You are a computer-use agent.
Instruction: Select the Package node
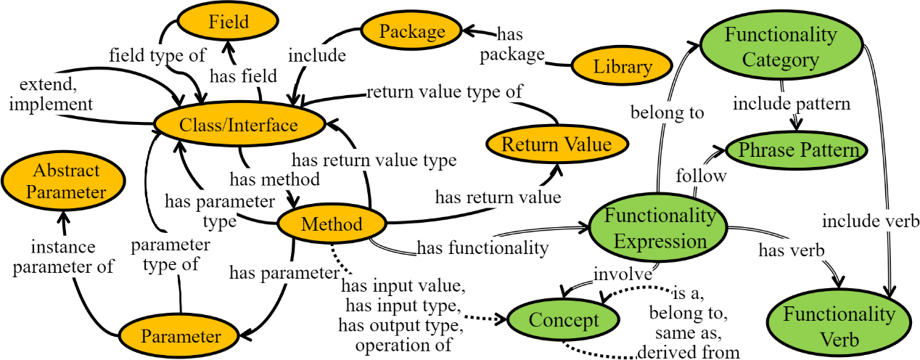411,31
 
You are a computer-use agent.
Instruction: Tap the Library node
623,67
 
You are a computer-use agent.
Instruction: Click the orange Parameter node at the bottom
180,337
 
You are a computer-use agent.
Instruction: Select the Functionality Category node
781,48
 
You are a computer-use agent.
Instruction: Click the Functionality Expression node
660,229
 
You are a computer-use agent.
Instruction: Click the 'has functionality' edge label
482,248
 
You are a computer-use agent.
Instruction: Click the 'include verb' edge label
871,218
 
